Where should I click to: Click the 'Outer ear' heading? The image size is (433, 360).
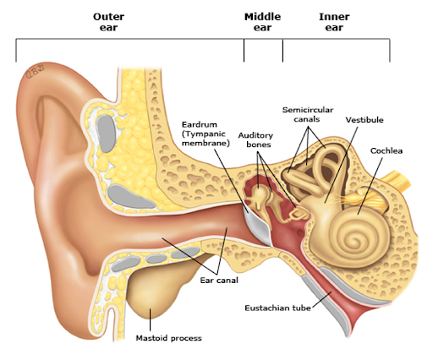pos(108,22)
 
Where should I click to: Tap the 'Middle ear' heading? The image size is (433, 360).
pos(262,22)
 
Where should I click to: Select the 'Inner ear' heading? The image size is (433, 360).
pos(334,22)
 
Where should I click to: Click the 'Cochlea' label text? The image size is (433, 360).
pos(386,150)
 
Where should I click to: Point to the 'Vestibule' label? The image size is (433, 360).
pos(364,120)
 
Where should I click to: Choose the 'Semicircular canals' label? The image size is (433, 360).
pos(308,114)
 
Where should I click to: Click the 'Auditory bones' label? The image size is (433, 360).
pos(255,139)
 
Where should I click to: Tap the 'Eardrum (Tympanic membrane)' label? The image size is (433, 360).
pos(206,134)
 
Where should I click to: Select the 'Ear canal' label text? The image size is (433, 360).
pos(219,281)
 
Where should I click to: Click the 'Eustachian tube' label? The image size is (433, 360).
pos(277,308)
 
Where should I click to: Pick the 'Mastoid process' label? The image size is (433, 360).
pos(168,338)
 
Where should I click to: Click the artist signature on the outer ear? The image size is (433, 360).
pos(36,73)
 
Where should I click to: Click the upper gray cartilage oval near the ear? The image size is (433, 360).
pos(107,134)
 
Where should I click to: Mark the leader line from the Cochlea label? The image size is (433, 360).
pos(370,186)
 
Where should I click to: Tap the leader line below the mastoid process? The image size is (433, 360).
pos(150,320)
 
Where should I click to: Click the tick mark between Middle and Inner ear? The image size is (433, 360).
pos(282,51)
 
